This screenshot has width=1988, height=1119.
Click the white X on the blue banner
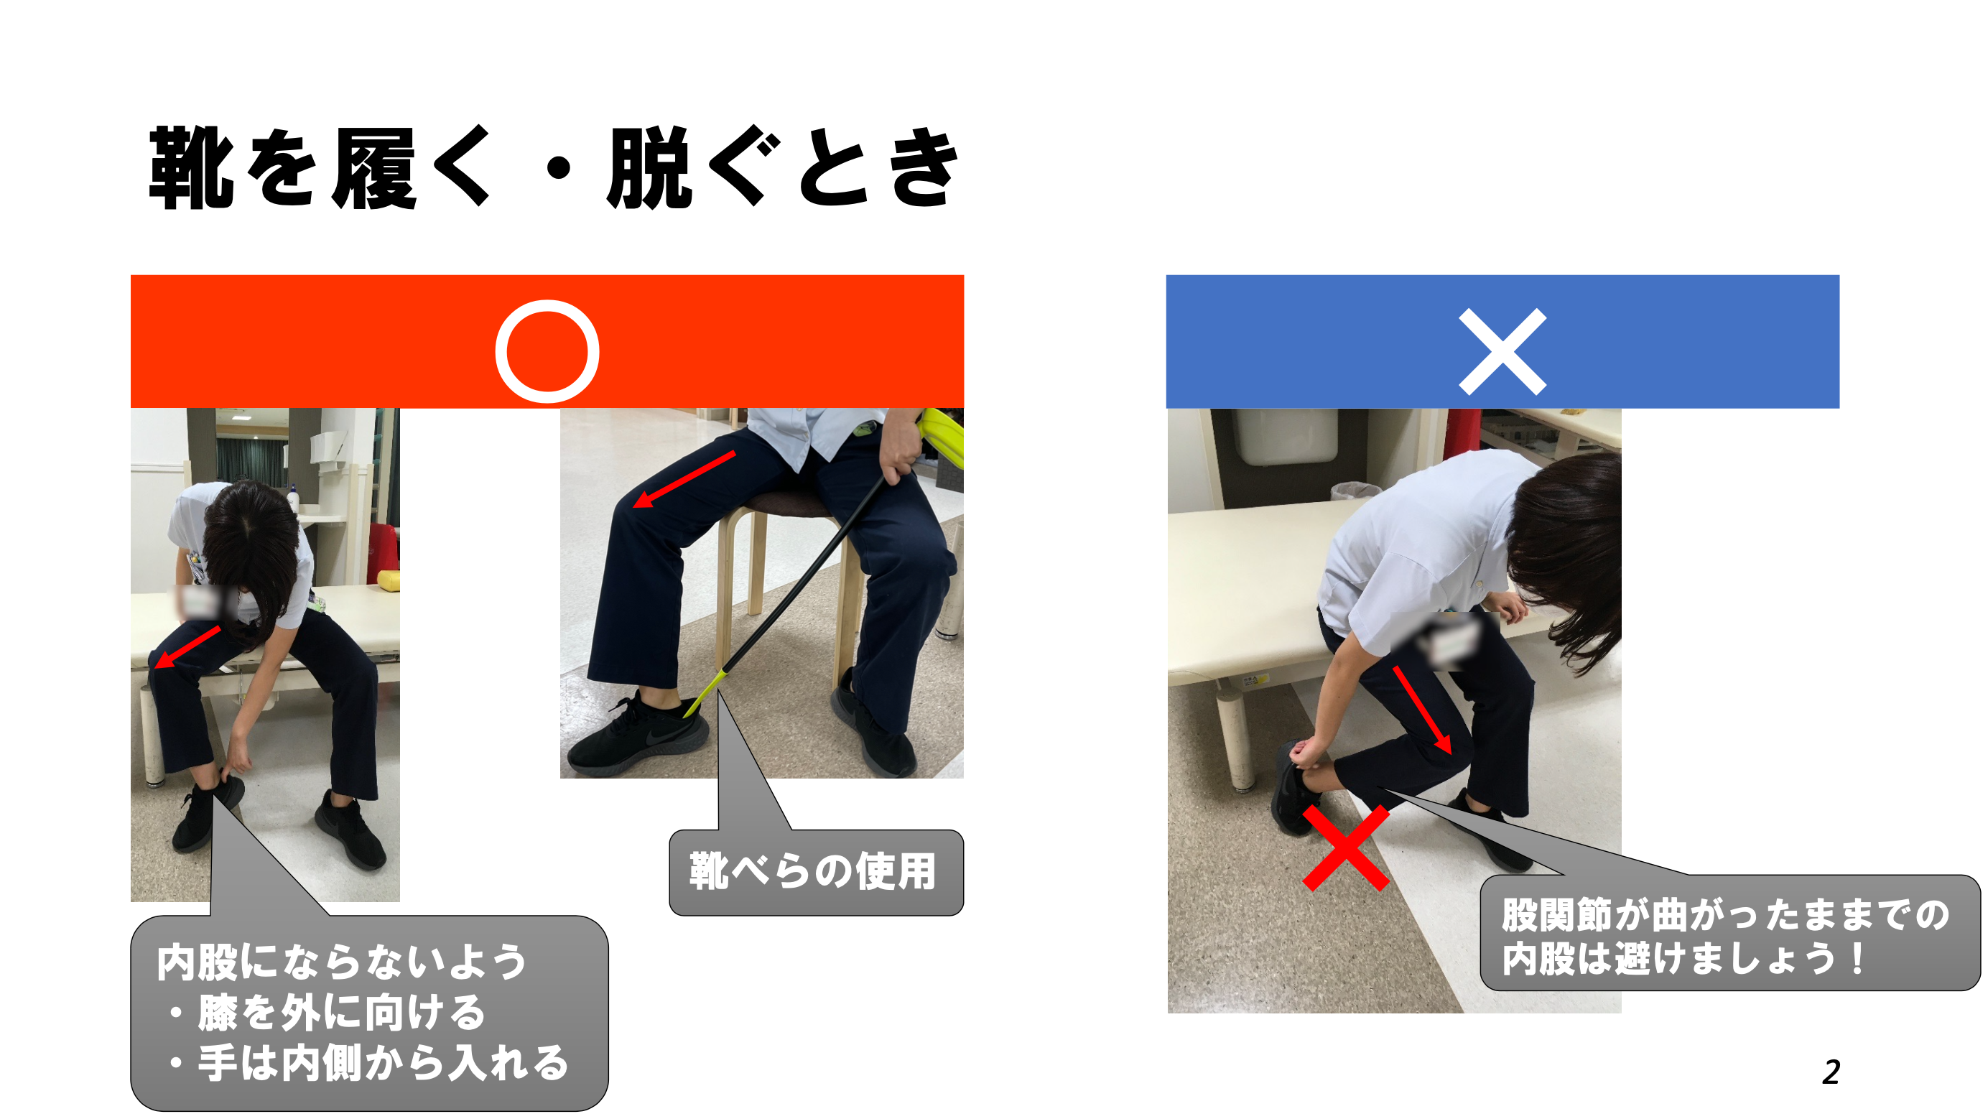(x=1502, y=352)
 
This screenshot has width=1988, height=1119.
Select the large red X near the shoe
(x=1346, y=848)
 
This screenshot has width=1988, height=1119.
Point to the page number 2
(x=1831, y=1072)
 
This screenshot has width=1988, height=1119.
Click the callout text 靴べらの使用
(x=812, y=872)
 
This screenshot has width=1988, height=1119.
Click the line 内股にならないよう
(x=341, y=962)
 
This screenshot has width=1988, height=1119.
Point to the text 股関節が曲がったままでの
(x=1725, y=915)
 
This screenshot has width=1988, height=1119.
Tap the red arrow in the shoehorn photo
(x=684, y=480)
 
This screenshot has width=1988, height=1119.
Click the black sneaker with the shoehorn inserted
(x=636, y=737)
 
